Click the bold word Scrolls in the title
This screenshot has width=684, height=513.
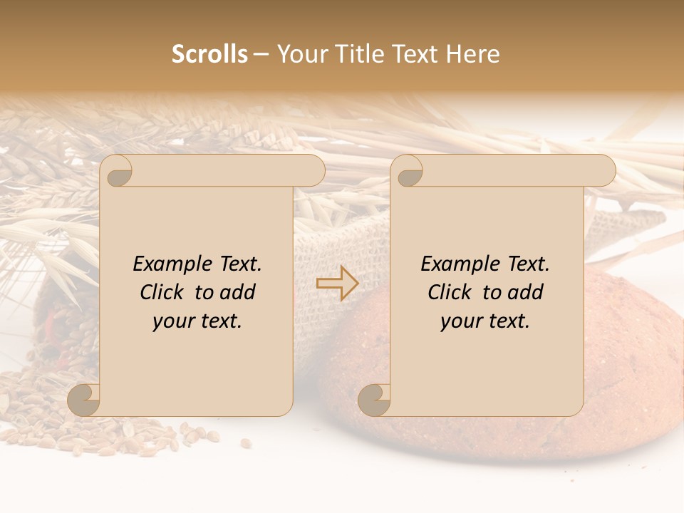click(209, 54)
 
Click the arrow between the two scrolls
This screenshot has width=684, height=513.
click(338, 284)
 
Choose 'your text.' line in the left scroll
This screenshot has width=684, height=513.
click(197, 321)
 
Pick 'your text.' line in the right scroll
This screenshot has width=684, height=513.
click(485, 321)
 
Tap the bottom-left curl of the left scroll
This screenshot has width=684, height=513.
click(84, 400)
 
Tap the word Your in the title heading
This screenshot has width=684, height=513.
click(301, 54)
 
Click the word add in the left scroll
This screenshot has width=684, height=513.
click(239, 293)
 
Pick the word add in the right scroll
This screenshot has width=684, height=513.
click(527, 293)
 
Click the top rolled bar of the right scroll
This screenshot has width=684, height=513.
click(513, 171)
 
